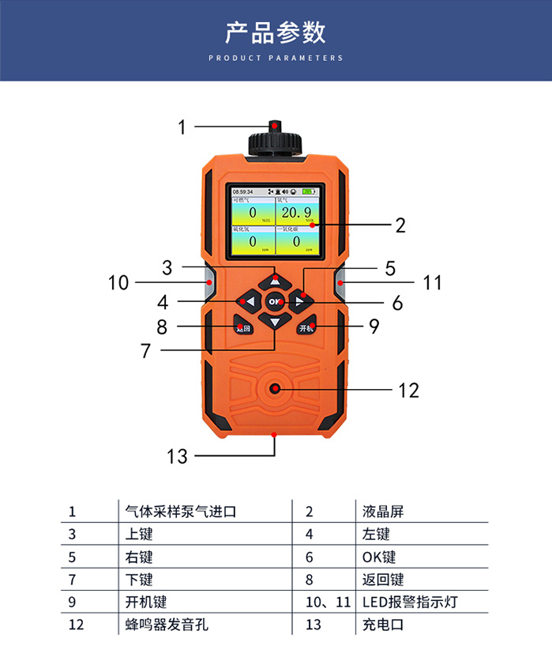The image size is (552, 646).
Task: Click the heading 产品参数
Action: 275,32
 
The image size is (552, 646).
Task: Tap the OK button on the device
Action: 275,301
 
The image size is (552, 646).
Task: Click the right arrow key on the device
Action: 299,301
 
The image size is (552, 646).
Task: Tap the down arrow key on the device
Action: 275,322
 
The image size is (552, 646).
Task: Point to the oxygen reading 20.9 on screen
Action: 296,213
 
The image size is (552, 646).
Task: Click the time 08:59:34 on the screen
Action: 242,191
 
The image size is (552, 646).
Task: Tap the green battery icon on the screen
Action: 308,191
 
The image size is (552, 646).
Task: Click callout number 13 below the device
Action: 178,456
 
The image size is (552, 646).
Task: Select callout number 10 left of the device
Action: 118,282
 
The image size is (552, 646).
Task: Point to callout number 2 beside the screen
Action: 400,225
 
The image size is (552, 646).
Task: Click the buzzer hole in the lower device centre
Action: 275,388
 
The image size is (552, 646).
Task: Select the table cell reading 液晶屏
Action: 383,512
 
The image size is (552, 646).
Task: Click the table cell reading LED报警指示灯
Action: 410,602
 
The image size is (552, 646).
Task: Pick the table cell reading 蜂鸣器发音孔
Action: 171,625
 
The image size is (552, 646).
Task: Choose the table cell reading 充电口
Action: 383,625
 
